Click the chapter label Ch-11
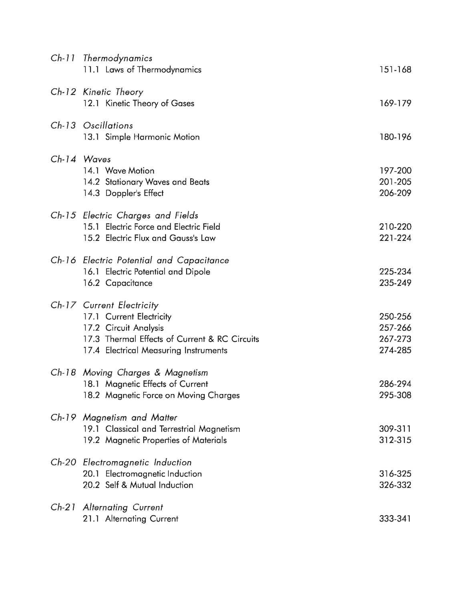pos(63,58)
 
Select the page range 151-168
pos(395,70)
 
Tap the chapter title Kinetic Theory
pos(113,92)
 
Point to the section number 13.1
pos(91,137)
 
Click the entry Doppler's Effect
pos(134,193)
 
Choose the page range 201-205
pos(395,182)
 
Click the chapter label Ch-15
pos(63,215)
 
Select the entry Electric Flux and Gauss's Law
pos(160,238)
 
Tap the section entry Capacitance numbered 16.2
pos(129,283)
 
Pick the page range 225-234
pos(395,272)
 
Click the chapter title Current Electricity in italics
pos(121,305)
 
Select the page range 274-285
pos(395,350)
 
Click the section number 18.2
pos(91,395)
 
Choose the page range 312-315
pos(395,440)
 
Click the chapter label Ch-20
pos(63,462)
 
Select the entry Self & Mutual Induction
pos(149,485)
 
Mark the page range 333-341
pos(395,519)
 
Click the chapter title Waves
pos(97,159)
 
